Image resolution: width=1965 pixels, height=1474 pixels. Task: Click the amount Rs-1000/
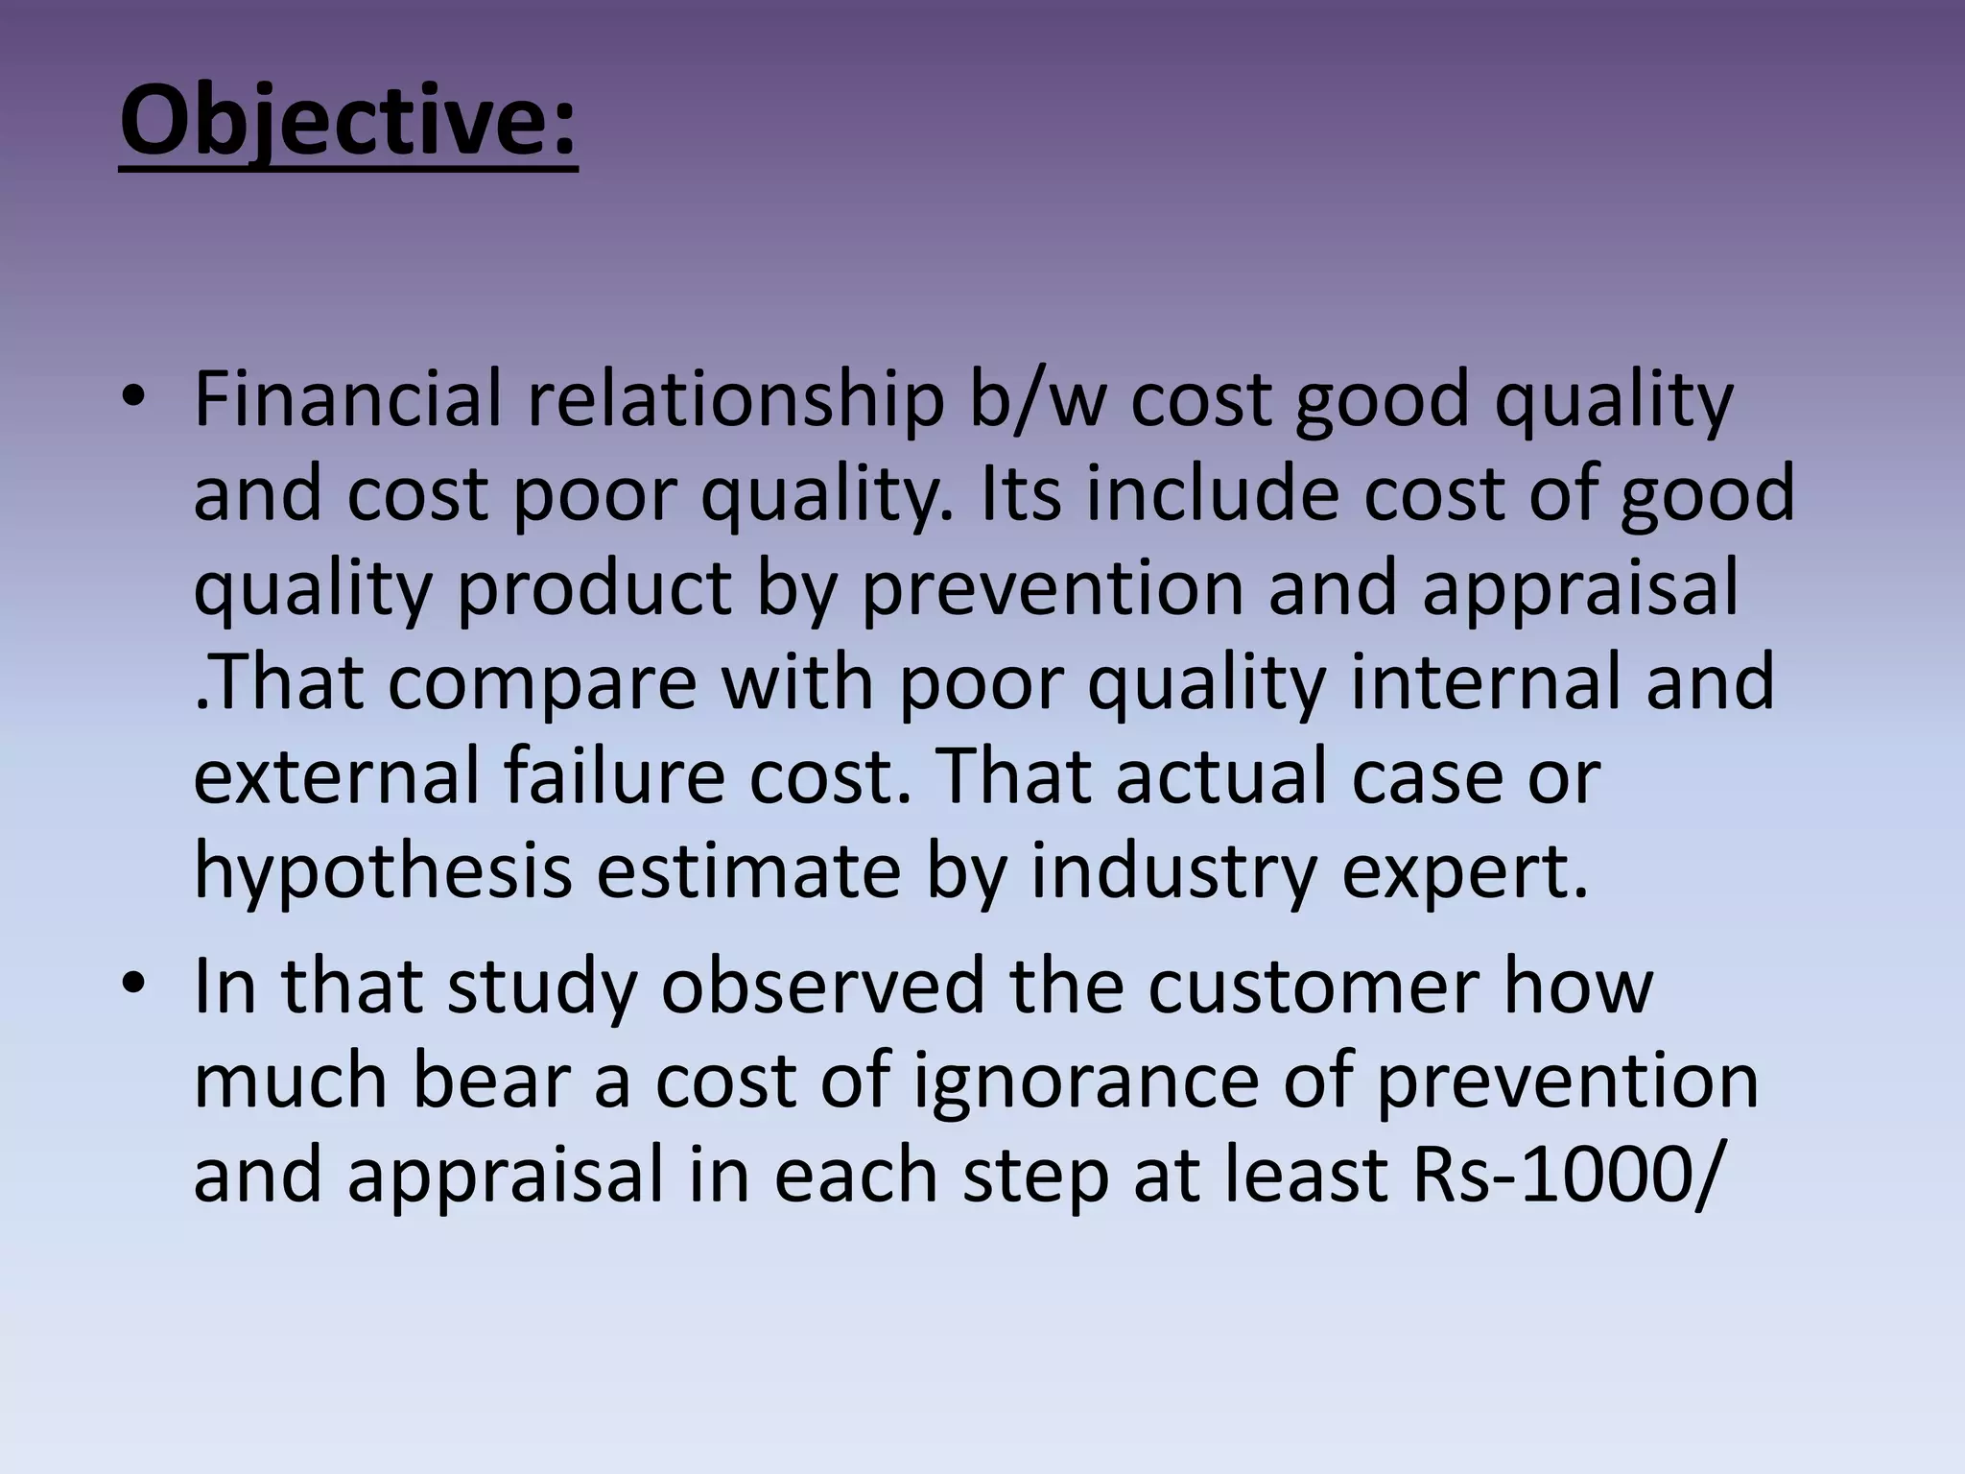coord(1563,1175)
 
